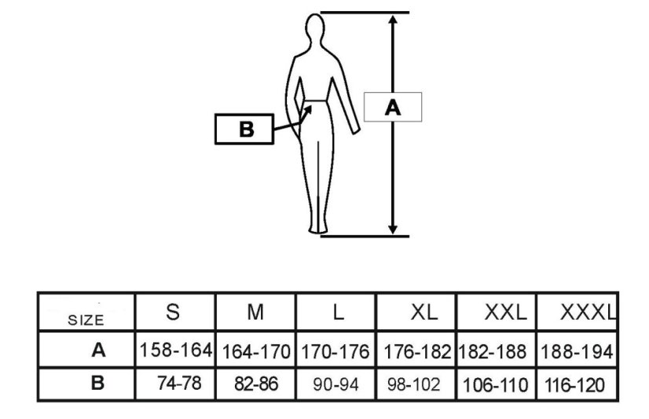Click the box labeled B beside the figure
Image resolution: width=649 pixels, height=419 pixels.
tap(244, 129)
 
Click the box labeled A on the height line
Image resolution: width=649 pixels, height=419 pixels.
tap(393, 107)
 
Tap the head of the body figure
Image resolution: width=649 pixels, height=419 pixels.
tap(315, 28)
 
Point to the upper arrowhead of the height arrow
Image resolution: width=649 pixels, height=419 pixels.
tap(393, 20)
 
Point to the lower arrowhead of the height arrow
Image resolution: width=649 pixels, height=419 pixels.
tap(393, 229)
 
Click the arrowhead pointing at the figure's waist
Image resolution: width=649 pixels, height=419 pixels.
tap(307, 111)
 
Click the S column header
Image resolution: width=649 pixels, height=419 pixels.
tap(173, 312)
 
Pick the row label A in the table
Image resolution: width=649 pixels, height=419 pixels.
tap(98, 351)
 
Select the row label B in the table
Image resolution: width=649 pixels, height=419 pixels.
tap(97, 383)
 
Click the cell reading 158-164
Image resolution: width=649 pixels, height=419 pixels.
tap(176, 350)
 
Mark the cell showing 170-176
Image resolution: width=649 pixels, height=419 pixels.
tap(335, 352)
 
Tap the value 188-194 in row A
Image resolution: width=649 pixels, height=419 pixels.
tap(577, 352)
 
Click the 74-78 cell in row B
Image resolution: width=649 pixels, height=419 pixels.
tap(179, 383)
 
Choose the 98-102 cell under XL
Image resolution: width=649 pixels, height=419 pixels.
tap(414, 385)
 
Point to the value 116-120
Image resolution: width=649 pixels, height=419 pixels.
tap(574, 385)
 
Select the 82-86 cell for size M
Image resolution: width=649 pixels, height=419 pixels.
tap(256, 384)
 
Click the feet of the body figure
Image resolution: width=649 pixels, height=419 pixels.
tap(318, 229)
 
